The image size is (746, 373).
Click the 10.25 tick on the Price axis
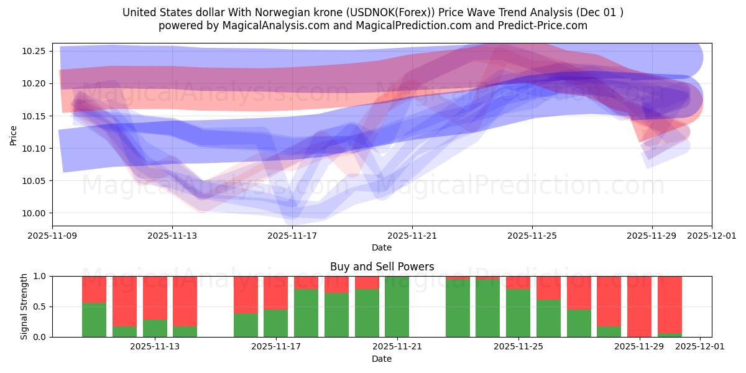[35, 51]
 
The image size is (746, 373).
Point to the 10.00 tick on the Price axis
[35, 213]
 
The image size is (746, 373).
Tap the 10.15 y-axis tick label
[35, 116]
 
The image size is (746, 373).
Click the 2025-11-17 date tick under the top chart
[292, 236]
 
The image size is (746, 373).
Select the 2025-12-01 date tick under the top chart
[711, 236]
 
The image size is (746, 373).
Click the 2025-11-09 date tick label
[53, 236]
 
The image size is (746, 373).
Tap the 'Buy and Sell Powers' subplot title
[382, 267]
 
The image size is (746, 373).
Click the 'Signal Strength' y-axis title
[24, 306]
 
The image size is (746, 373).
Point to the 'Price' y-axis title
[14, 134]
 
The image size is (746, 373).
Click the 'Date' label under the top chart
[382, 247]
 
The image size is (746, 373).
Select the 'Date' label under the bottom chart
[382, 359]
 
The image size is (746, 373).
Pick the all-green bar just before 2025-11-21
[397, 306]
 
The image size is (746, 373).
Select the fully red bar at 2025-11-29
[639, 306]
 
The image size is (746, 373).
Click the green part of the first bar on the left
[94, 320]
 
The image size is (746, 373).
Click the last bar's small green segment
[670, 335]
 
